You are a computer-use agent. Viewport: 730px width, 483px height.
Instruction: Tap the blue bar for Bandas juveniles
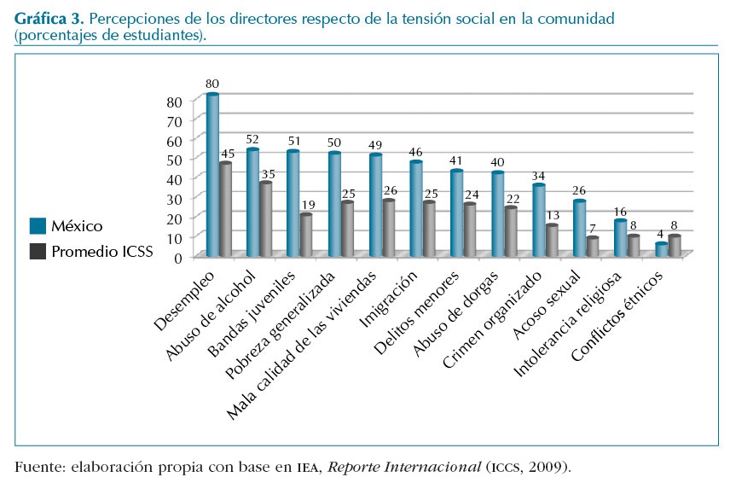(293, 203)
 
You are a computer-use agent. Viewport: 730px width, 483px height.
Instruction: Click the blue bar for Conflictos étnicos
(662, 249)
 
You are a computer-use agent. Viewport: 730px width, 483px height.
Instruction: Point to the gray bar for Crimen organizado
(553, 241)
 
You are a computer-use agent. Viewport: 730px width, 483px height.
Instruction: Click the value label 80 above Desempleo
(212, 84)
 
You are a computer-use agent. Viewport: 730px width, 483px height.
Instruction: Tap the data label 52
(252, 139)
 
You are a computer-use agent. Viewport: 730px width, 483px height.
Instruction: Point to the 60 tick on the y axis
(175, 138)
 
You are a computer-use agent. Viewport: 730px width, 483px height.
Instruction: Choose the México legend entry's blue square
(38, 226)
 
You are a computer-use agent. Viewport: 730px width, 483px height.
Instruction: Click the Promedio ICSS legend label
(101, 252)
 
